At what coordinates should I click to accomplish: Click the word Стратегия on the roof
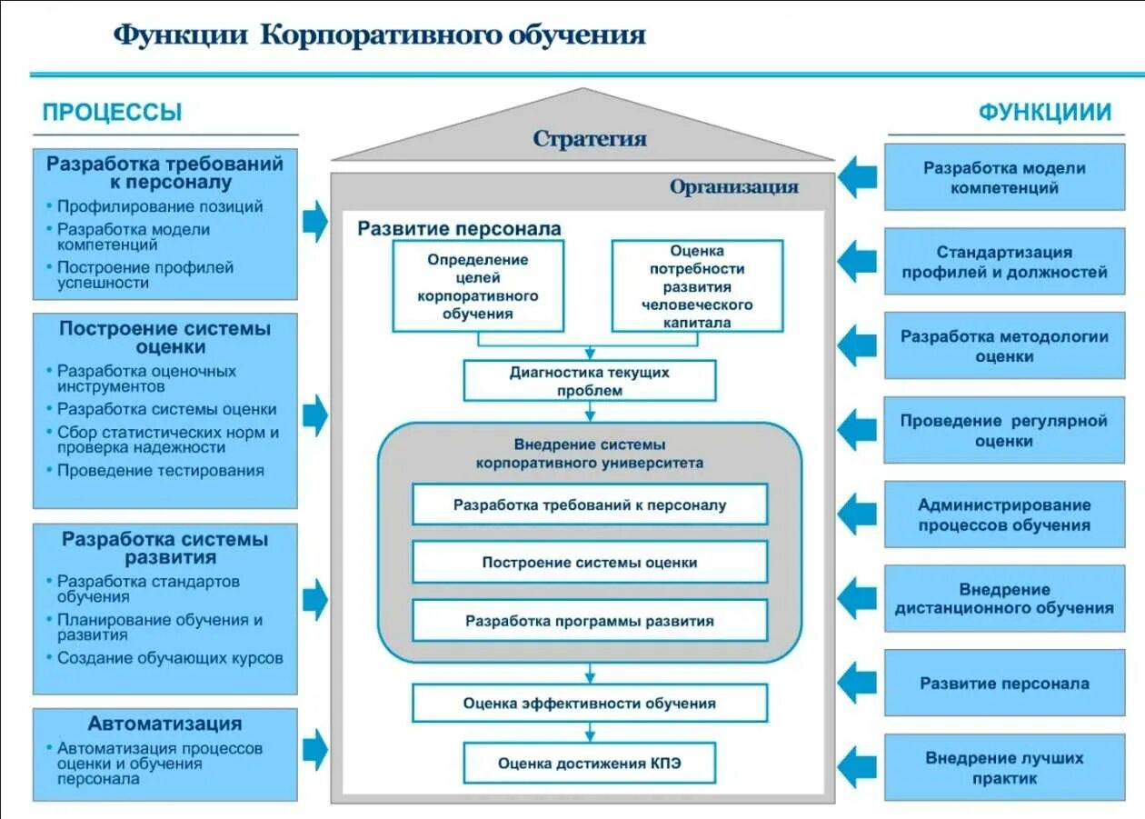click(590, 139)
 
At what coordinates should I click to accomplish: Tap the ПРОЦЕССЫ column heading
click(112, 113)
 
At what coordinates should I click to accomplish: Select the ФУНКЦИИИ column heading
click(1044, 113)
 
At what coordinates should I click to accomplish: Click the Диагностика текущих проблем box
click(590, 381)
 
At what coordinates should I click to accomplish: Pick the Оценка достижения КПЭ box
click(590, 764)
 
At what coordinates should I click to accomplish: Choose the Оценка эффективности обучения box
click(590, 704)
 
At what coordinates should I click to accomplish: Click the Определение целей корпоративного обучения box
click(478, 285)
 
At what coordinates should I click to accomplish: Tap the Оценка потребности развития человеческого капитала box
click(697, 285)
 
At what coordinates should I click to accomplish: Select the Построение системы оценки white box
click(590, 563)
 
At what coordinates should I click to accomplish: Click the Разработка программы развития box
click(590, 622)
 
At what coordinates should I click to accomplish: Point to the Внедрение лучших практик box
click(1004, 768)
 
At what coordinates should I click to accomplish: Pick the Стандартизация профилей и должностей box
click(1004, 262)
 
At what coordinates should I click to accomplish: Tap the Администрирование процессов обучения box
click(1004, 514)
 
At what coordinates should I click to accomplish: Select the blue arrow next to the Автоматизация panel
click(314, 749)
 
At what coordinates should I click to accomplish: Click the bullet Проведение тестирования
click(161, 471)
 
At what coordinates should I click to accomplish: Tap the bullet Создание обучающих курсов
click(170, 658)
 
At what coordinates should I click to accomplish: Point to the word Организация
click(734, 187)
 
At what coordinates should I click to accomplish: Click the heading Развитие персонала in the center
click(459, 228)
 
